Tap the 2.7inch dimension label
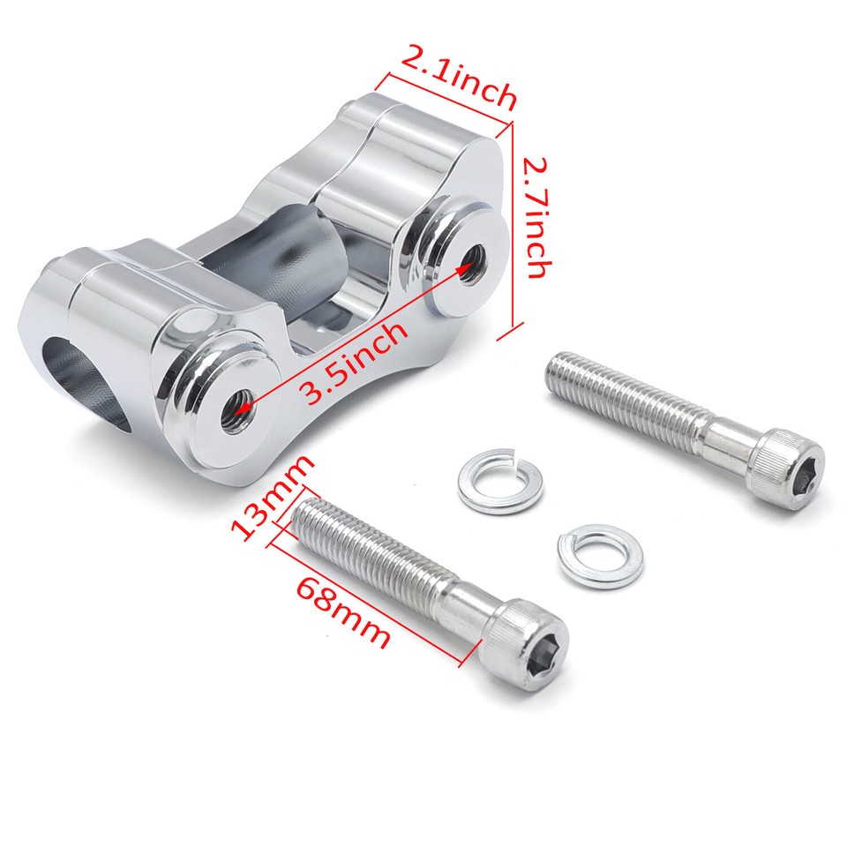[x=536, y=215]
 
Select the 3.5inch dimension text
[x=356, y=361]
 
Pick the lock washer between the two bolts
[x=600, y=556]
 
